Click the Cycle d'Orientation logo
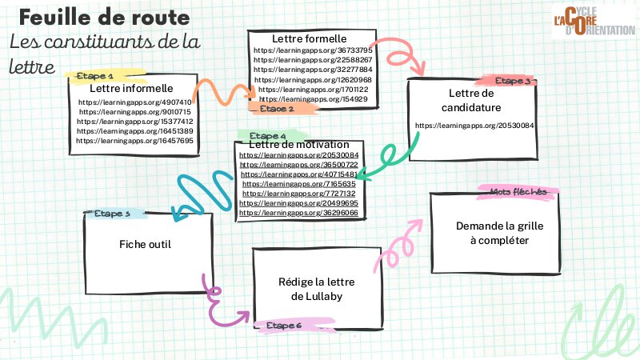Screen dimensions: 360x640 pos(591,25)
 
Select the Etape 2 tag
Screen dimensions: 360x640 pos(275,107)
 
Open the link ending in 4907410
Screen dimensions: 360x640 pos(135,103)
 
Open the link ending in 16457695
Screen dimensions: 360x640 pos(135,140)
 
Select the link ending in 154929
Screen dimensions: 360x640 pos(313,99)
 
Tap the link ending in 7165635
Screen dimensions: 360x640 pos(299,184)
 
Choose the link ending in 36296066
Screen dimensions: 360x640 pos(299,214)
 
